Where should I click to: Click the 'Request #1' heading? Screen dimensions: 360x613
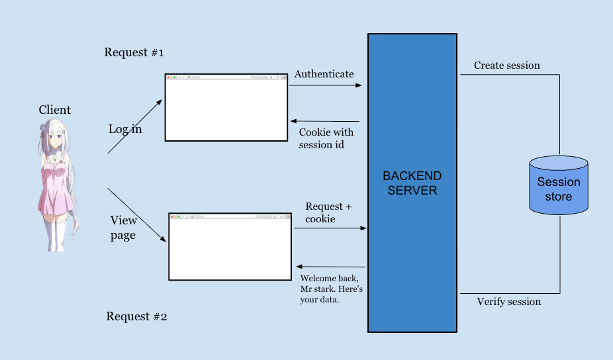(x=134, y=52)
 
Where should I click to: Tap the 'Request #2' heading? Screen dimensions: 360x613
(x=136, y=316)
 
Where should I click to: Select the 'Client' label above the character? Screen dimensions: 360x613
(x=54, y=110)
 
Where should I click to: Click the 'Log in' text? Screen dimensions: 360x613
(x=125, y=129)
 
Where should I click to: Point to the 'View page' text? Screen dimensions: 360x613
(x=123, y=228)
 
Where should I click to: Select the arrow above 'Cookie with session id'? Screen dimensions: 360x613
(x=325, y=121)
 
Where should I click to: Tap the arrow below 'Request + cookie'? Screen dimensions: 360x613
(x=330, y=228)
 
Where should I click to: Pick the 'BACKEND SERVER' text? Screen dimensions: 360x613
(x=412, y=183)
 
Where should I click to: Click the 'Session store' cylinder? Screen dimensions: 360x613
(x=559, y=185)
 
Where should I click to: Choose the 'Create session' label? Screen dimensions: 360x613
(x=506, y=66)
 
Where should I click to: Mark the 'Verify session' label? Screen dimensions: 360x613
(x=508, y=302)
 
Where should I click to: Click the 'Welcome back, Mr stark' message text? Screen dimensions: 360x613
(x=331, y=289)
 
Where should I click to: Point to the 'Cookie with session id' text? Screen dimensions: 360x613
(x=326, y=138)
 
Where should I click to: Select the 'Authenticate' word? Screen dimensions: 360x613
(x=324, y=74)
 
